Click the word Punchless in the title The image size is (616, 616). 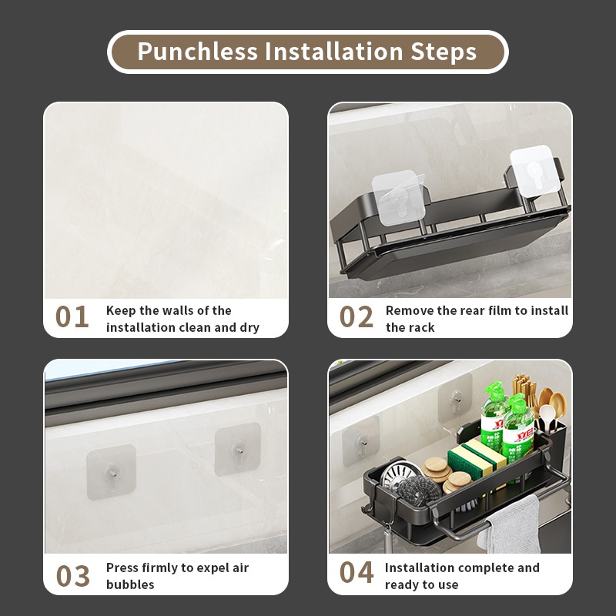pos(197,52)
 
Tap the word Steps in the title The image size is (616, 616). pos(444,52)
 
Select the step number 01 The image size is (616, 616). pos(72,316)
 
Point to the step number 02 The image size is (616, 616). pos(357,316)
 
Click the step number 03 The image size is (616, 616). pos(72,576)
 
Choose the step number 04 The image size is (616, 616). pos(357,572)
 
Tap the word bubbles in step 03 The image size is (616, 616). pos(130,584)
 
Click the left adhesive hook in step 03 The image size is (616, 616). pos(111,472)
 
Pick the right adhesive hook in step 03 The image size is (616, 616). pos(238,449)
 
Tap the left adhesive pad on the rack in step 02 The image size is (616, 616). pos(398,198)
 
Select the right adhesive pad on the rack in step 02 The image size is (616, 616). pos(535,170)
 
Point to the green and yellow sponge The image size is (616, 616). pos(476,460)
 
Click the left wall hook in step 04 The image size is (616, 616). pos(360,440)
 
